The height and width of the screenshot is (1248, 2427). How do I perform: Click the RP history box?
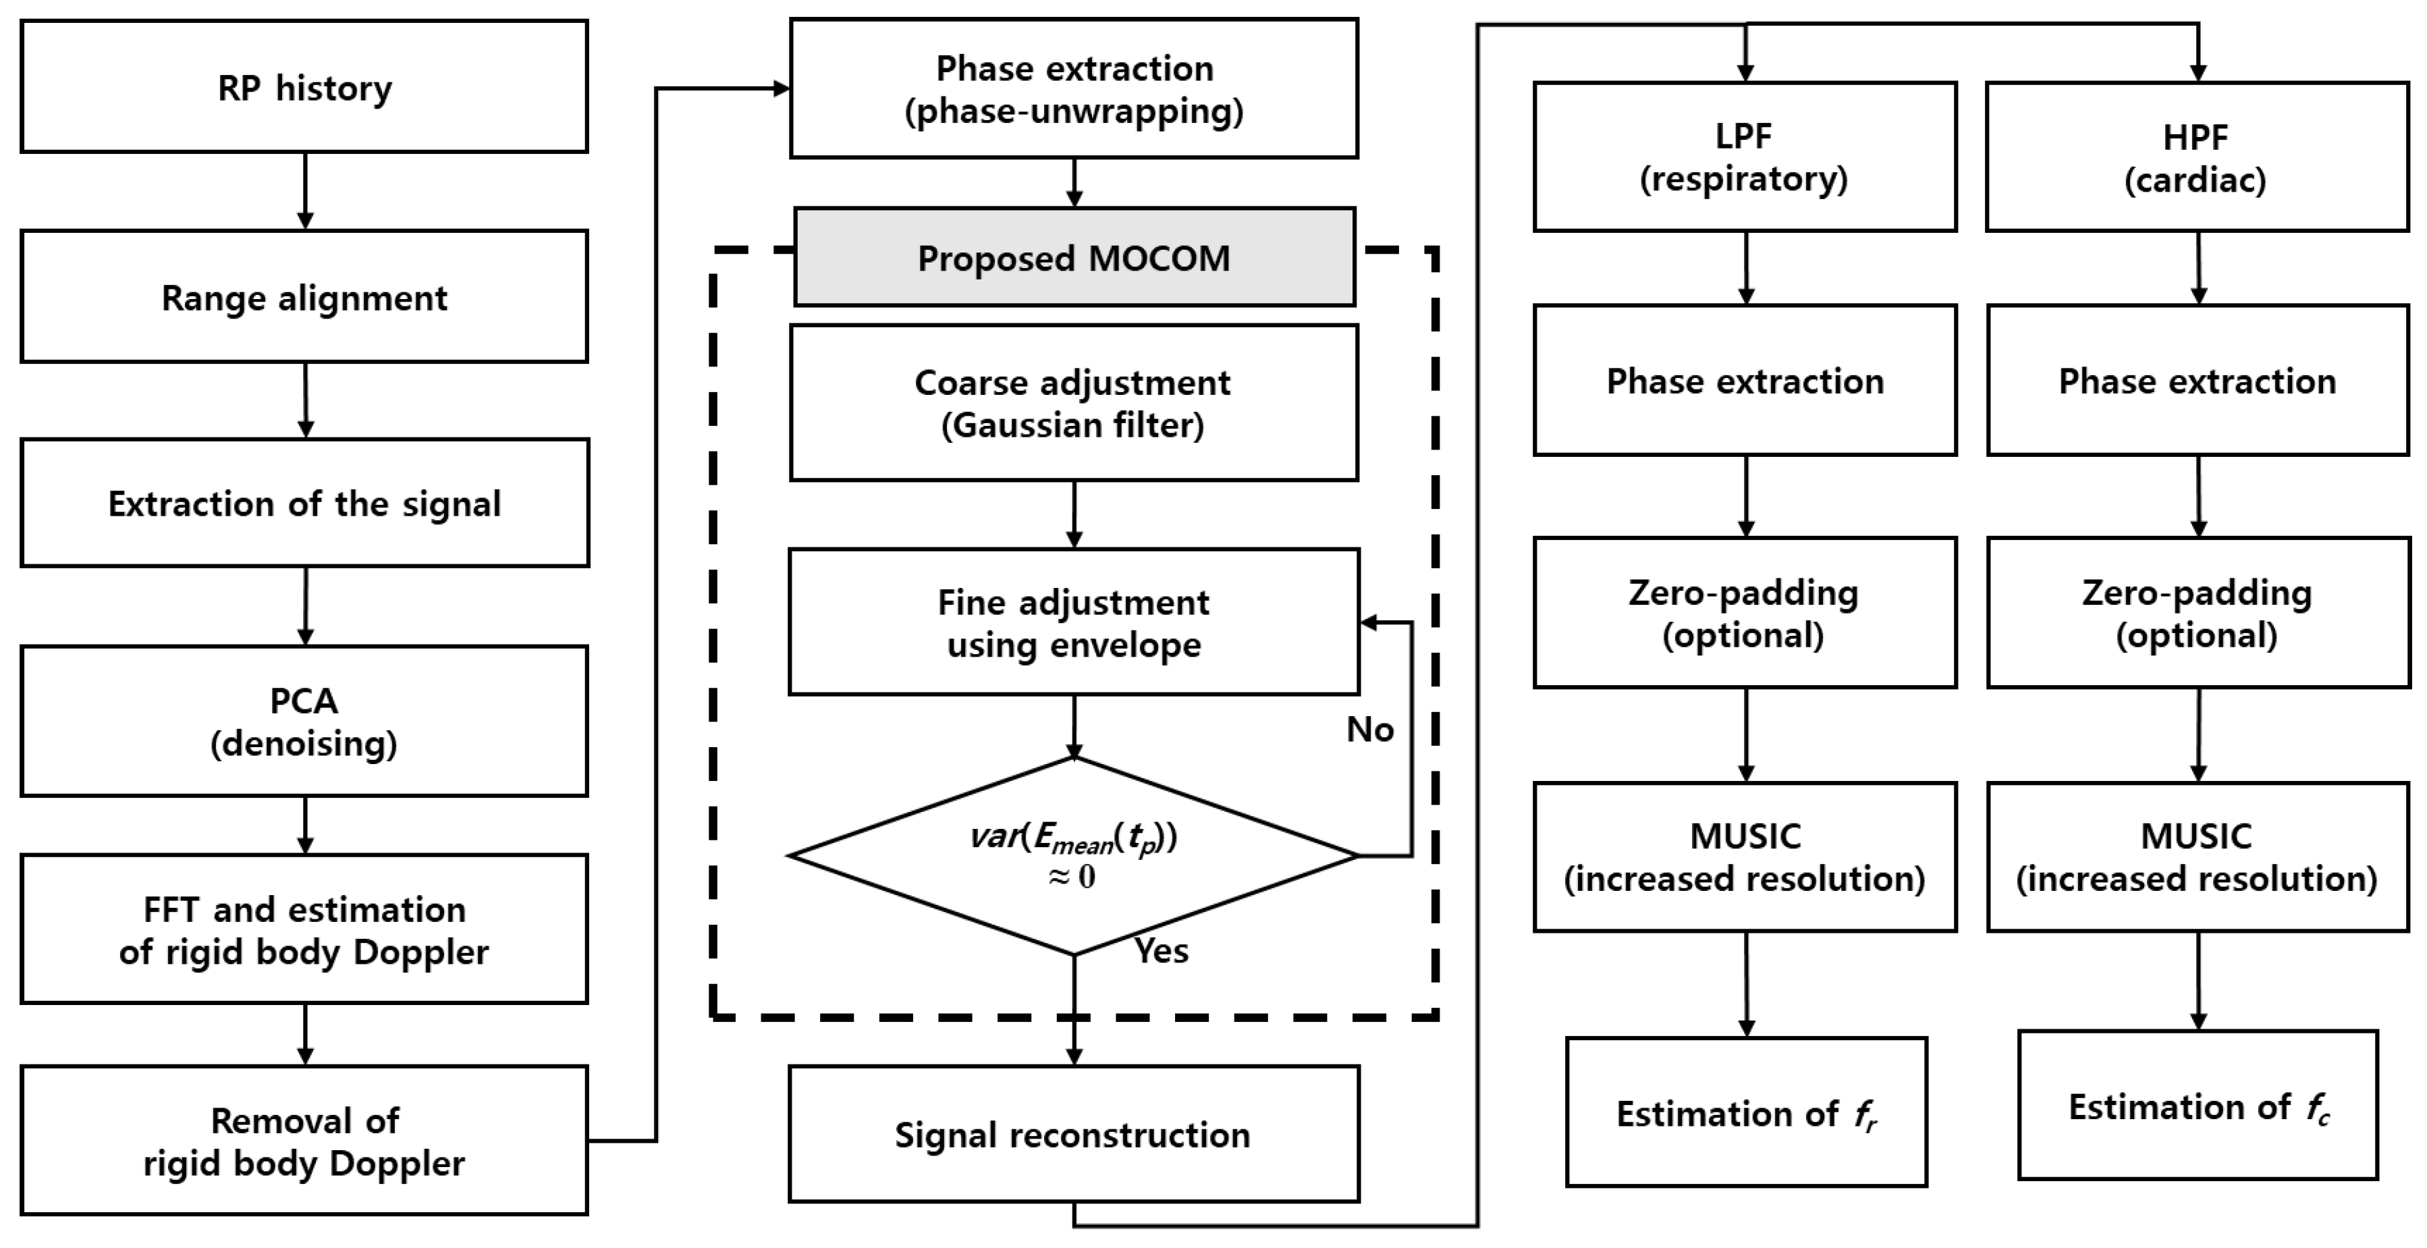(304, 86)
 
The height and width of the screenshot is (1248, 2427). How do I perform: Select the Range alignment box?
(304, 297)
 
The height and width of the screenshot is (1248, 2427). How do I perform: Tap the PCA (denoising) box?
(304, 722)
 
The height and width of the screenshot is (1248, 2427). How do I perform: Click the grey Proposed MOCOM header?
(1074, 258)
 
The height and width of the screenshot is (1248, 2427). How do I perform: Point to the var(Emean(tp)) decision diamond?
(1073, 855)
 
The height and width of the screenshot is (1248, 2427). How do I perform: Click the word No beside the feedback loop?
(1369, 730)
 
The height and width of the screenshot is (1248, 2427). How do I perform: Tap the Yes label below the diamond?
(1161, 951)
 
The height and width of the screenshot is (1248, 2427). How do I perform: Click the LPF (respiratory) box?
(1744, 157)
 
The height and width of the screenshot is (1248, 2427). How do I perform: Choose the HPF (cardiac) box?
(2196, 157)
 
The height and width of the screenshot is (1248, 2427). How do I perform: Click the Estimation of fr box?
(1746, 1112)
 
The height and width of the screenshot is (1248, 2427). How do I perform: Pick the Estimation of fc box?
(2197, 1106)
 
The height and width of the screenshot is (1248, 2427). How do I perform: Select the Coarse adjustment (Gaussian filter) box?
(1073, 403)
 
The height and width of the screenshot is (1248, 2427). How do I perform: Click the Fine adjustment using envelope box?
(1073, 622)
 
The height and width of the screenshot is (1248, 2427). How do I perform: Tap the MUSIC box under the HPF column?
(2197, 857)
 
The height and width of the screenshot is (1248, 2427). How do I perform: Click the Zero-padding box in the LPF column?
(1744, 613)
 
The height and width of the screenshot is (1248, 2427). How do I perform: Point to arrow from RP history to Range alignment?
(304, 191)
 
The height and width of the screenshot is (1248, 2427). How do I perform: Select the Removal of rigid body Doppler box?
(304, 1141)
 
